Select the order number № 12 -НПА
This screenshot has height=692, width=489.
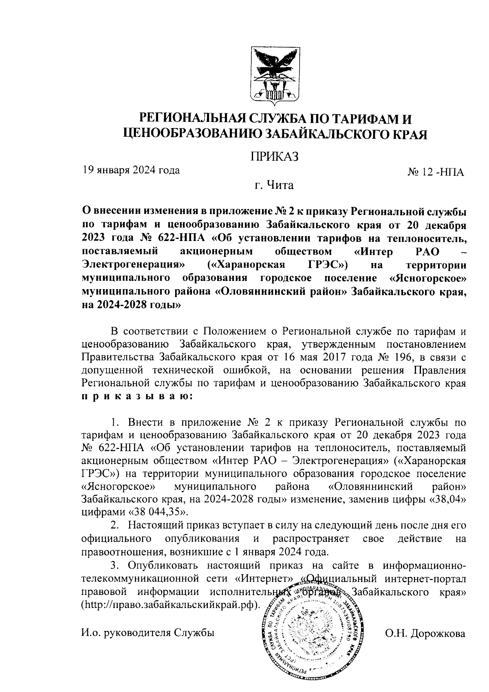[x=436, y=173]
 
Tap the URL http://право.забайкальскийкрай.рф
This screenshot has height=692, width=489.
[x=170, y=604]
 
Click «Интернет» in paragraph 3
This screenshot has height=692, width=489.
[x=265, y=578]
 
